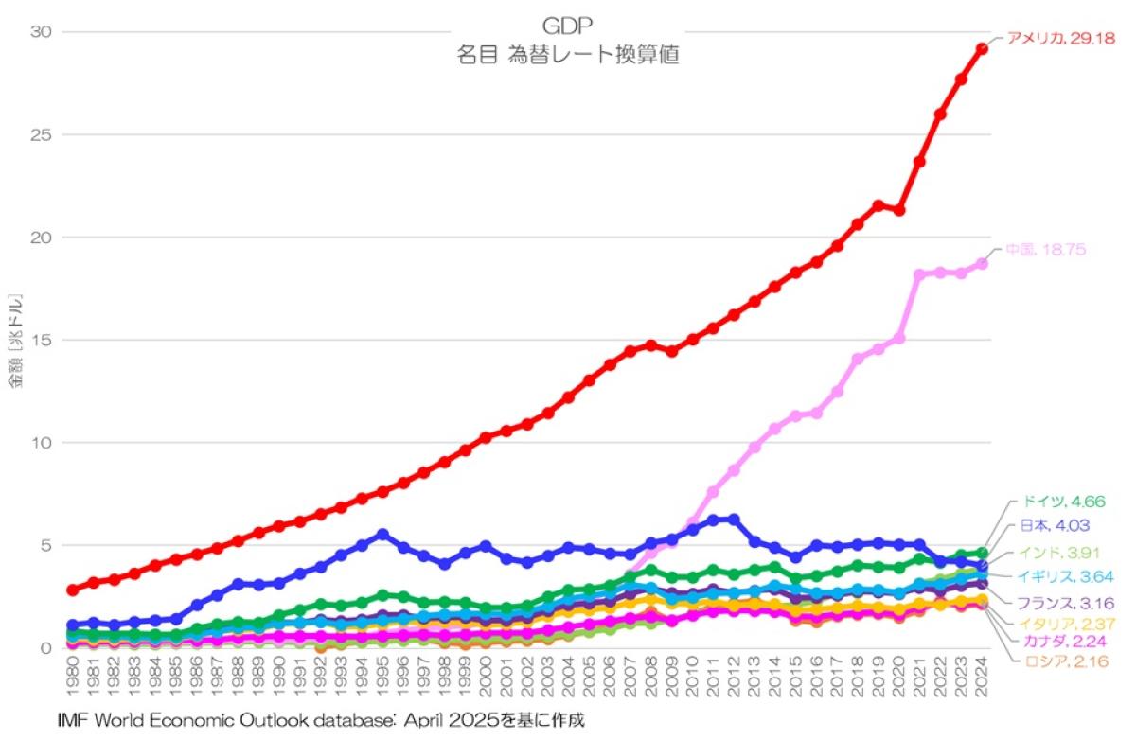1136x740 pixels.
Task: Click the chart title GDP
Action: pos(567,26)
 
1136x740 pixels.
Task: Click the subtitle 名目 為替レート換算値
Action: pos(567,55)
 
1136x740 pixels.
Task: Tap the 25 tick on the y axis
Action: pos(41,135)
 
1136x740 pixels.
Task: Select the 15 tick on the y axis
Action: pos(41,341)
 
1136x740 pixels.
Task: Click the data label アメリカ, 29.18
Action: pos(1060,39)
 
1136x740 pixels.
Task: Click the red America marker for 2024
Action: pos(983,48)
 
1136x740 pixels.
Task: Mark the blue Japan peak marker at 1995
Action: pos(382,535)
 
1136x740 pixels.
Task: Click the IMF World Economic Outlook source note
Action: pos(320,721)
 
